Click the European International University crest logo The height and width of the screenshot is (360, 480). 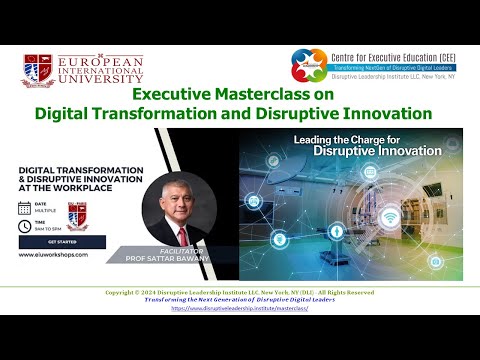[40, 69]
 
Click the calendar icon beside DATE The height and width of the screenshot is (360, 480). [25, 208]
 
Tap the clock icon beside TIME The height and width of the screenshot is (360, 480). [25, 226]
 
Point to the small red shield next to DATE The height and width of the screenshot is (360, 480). [72, 212]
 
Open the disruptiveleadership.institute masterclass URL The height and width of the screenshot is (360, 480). [239, 308]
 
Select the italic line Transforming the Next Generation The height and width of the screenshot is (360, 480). [239, 300]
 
